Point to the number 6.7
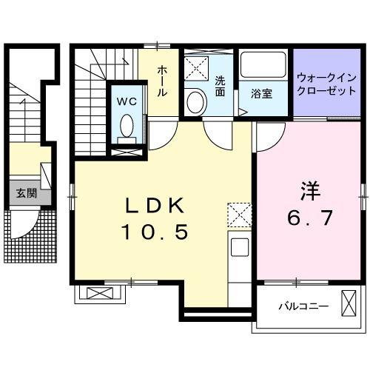pyautogui.click(x=309, y=218)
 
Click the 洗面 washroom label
pyautogui.click(x=220, y=87)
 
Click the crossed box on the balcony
pyautogui.click(x=349, y=304)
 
